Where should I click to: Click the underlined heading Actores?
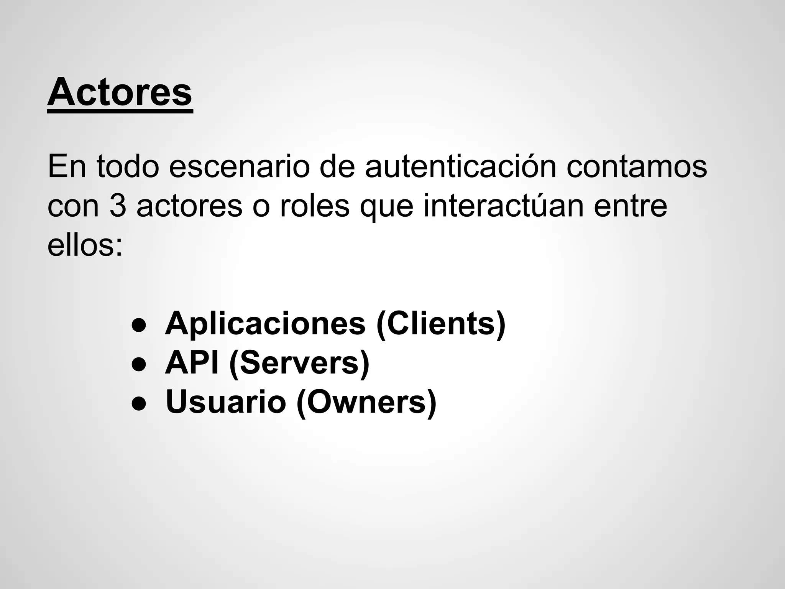[x=120, y=93]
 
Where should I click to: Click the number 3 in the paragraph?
[x=118, y=206]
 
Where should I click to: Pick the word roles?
[x=315, y=206]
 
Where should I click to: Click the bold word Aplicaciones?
[x=265, y=324]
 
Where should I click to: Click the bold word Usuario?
[x=226, y=402]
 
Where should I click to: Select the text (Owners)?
[x=366, y=403]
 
